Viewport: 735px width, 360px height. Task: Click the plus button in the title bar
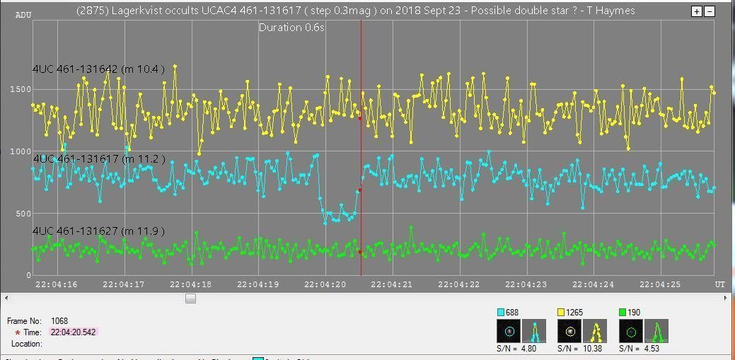pyautogui.click(x=697, y=11)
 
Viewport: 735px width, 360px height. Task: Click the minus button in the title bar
pyautogui.click(x=710, y=11)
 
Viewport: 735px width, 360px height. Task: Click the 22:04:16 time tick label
pyautogui.click(x=56, y=284)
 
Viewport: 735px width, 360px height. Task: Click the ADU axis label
pyautogui.click(x=23, y=15)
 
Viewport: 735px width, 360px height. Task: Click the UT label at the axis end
pyautogui.click(x=719, y=284)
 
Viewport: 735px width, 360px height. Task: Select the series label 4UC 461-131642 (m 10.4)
pyautogui.click(x=98, y=69)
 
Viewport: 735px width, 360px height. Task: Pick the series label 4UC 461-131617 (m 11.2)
pyautogui.click(x=98, y=159)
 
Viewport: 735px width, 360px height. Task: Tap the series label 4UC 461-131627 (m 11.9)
pyautogui.click(x=98, y=231)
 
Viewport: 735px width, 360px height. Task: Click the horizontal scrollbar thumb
pyautogui.click(x=190, y=298)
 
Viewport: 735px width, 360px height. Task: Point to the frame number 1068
pyautogui.click(x=59, y=320)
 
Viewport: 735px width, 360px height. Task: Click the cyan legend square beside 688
pyautogui.click(x=501, y=313)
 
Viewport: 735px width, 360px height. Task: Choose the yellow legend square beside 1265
pyautogui.click(x=561, y=313)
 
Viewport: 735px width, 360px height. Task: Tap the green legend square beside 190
pyautogui.click(x=623, y=313)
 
